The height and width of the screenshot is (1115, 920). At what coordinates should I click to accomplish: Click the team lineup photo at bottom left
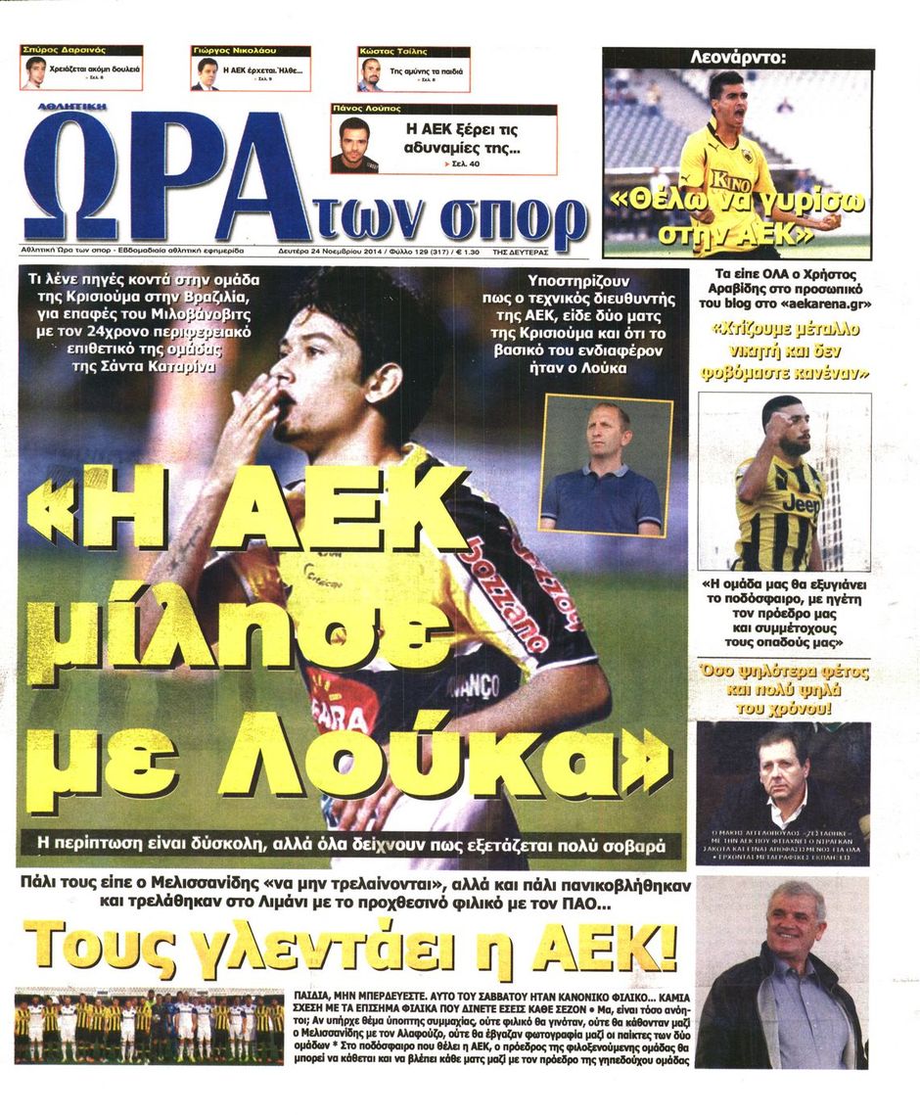149,1028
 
